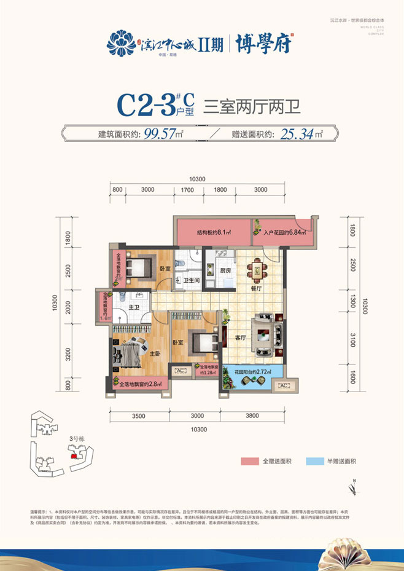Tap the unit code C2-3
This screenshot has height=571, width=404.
145,106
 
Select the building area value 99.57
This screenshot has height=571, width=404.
159,133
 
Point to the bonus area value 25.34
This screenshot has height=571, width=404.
298,133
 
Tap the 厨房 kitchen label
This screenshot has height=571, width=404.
225,270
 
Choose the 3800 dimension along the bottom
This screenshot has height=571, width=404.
254,415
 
